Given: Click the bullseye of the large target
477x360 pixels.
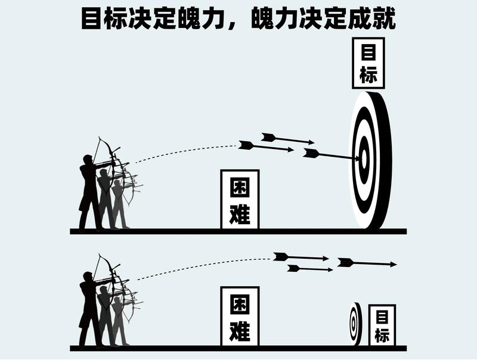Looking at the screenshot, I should click(x=363, y=159).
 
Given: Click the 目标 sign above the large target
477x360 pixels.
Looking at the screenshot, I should click(x=368, y=63).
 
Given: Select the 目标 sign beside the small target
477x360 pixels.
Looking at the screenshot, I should click(x=382, y=325).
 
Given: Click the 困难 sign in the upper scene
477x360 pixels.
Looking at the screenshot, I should click(x=240, y=199).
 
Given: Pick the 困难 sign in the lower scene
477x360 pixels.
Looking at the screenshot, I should click(x=240, y=316).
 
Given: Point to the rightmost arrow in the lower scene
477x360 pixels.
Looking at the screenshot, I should click(x=366, y=263).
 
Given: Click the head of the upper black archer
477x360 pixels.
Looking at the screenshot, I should click(x=88, y=160).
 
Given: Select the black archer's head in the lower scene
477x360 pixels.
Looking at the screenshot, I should click(x=88, y=277).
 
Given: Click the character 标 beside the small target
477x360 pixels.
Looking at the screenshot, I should click(x=382, y=334).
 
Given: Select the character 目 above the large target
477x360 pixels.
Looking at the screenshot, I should click(x=368, y=53).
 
